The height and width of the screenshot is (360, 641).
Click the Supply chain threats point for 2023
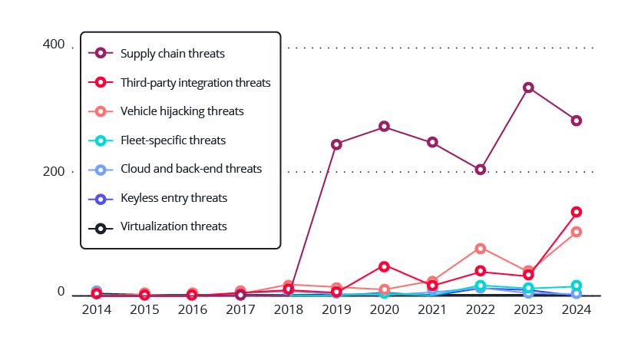pyautogui.click(x=528, y=88)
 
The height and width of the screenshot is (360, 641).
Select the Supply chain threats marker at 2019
pyautogui.click(x=336, y=144)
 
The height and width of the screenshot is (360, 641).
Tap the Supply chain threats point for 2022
pyautogui.click(x=481, y=170)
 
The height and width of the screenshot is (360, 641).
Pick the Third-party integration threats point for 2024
pyautogui.click(x=577, y=212)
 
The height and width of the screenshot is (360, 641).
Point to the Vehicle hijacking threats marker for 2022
pyautogui.click(x=481, y=249)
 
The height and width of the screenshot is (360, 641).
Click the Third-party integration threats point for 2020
pyautogui.click(x=385, y=266)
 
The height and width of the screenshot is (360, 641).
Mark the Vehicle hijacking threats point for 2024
pyautogui.click(x=577, y=232)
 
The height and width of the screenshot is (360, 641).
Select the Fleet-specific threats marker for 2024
pyautogui.click(x=577, y=286)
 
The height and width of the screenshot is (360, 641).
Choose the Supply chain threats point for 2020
pyautogui.click(x=385, y=126)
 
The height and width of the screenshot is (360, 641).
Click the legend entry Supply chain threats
pyautogui.click(x=172, y=54)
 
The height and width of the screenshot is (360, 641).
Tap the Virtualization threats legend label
pyautogui.click(x=173, y=226)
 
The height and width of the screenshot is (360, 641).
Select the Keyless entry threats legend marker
pyautogui.click(x=100, y=198)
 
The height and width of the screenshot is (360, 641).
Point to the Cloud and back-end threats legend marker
pyautogui.click(x=100, y=169)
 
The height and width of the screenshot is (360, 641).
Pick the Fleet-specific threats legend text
pyautogui.click(x=173, y=140)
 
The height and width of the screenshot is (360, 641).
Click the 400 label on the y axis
pyautogui.click(x=54, y=45)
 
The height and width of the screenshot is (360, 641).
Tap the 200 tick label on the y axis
pyautogui.click(x=54, y=171)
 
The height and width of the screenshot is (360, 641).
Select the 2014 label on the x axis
pyautogui.click(x=97, y=309)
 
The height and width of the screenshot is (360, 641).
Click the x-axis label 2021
pyautogui.click(x=432, y=309)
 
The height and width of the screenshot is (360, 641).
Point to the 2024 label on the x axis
pyautogui.click(x=577, y=309)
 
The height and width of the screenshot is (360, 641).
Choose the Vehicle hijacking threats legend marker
pyautogui.click(x=100, y=111)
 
